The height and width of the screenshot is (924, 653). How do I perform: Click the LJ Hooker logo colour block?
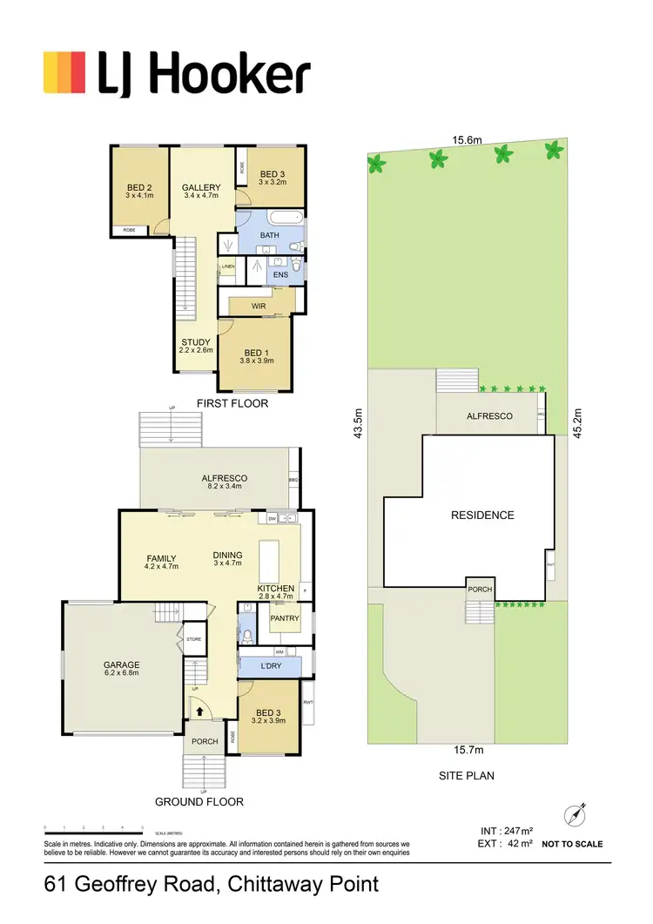click(x=64, y=71)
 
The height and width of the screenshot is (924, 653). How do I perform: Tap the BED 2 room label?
click(x=139, y=188)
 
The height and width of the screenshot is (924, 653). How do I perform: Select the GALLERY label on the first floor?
click(x=201, y=187)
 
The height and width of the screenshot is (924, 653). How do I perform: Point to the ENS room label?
click(x=280, y=275)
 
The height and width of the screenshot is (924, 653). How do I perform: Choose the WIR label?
click(x=259, y=307)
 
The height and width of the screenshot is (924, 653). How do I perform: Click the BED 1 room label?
click(x=256, y=352)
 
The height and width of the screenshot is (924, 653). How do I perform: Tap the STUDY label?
click(x=196, y=342)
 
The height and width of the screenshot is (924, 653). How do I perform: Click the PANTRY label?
click(x=285, y=619)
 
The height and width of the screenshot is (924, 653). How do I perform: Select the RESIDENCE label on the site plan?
click(x=482, y=515)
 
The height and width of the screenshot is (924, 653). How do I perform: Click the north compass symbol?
click(x=576, y=815)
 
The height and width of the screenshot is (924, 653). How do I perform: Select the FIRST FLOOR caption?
click(x=232, y=404)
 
